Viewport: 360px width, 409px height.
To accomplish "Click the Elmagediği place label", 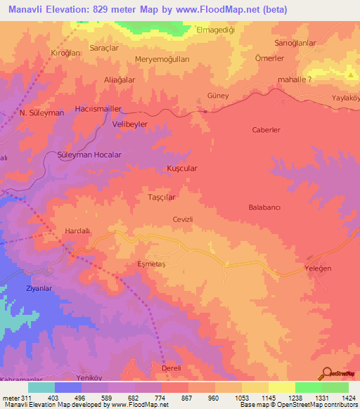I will [x=219, y=30].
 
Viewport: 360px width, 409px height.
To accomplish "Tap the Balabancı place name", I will [x=265, y=208].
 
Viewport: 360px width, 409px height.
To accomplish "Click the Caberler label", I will [x=266, y=130].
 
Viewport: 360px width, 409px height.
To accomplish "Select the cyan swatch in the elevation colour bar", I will [x=41, y=387].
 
